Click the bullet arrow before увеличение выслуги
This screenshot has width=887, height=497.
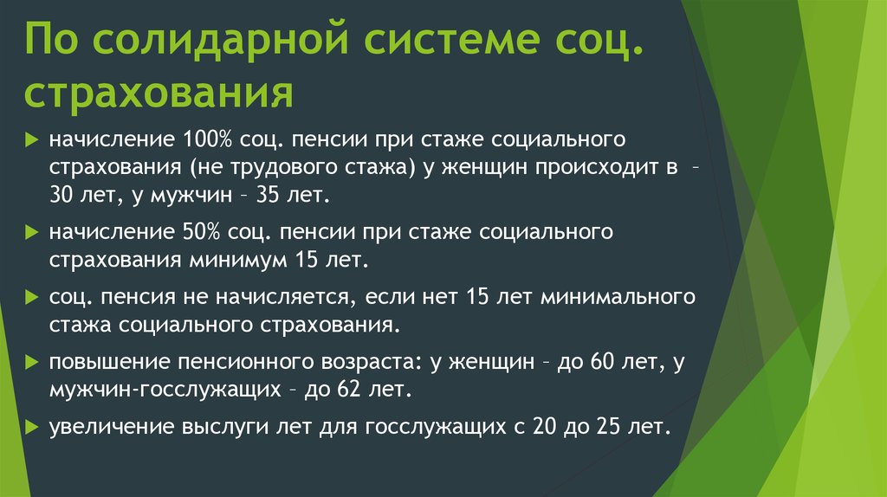click(32, 426)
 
